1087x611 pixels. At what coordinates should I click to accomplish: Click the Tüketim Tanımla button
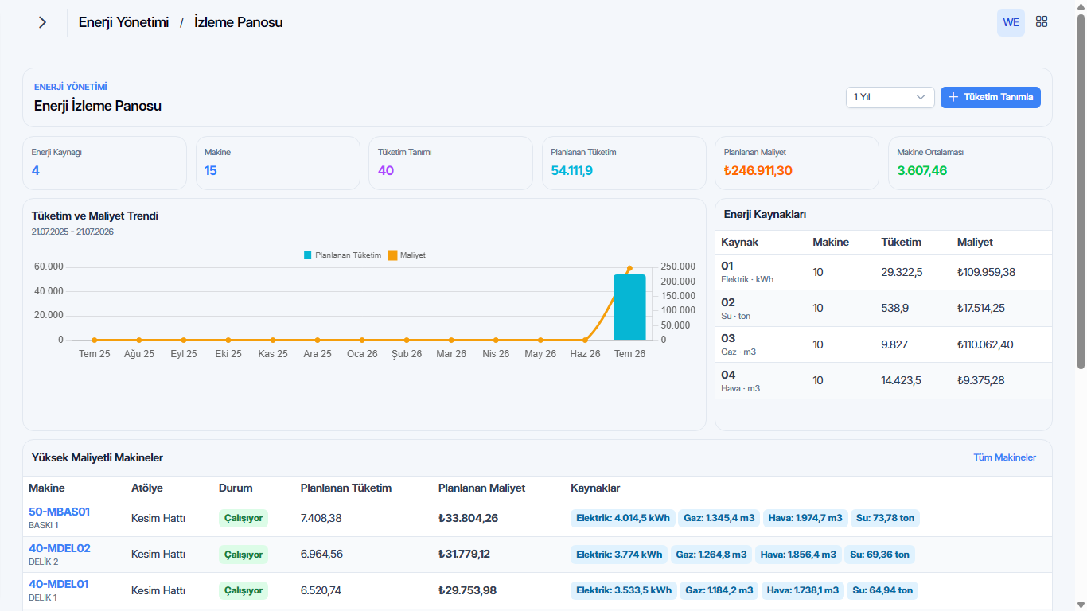coord(990,97)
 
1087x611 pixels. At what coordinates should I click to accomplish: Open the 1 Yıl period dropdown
coord(890,97)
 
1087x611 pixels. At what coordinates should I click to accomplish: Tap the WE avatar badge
coord(1011,22)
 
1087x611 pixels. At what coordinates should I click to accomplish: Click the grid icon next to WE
coord(1042,21)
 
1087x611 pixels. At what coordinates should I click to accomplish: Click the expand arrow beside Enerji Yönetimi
coord(43,22)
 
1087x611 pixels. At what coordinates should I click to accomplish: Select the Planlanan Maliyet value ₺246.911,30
coord(758,171)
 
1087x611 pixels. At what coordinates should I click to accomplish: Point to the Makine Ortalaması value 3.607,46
coord(921,171)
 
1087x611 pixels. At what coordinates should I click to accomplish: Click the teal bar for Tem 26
coord(629,307)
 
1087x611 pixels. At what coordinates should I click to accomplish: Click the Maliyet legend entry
coord(407,255)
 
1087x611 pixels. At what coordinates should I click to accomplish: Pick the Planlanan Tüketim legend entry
coord(343,255)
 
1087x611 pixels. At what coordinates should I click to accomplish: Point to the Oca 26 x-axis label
coord(362,354)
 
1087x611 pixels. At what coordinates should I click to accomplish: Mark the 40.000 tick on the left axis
coord(49,290)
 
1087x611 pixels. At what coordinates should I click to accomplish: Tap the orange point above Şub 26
coord(407,341)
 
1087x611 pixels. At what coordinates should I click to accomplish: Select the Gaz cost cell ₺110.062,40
coord(984,344)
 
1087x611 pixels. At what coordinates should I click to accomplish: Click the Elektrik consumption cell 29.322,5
coord(902,272)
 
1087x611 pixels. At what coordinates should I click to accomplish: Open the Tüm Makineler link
coord(1004,457)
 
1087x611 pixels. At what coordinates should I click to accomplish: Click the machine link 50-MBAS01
coord(59,512)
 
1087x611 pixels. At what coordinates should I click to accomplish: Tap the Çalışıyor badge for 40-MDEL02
coord(244,555)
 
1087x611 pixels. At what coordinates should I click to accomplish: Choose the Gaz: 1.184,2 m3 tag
coord(719,590)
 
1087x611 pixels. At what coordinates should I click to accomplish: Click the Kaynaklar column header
coord(595,488)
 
